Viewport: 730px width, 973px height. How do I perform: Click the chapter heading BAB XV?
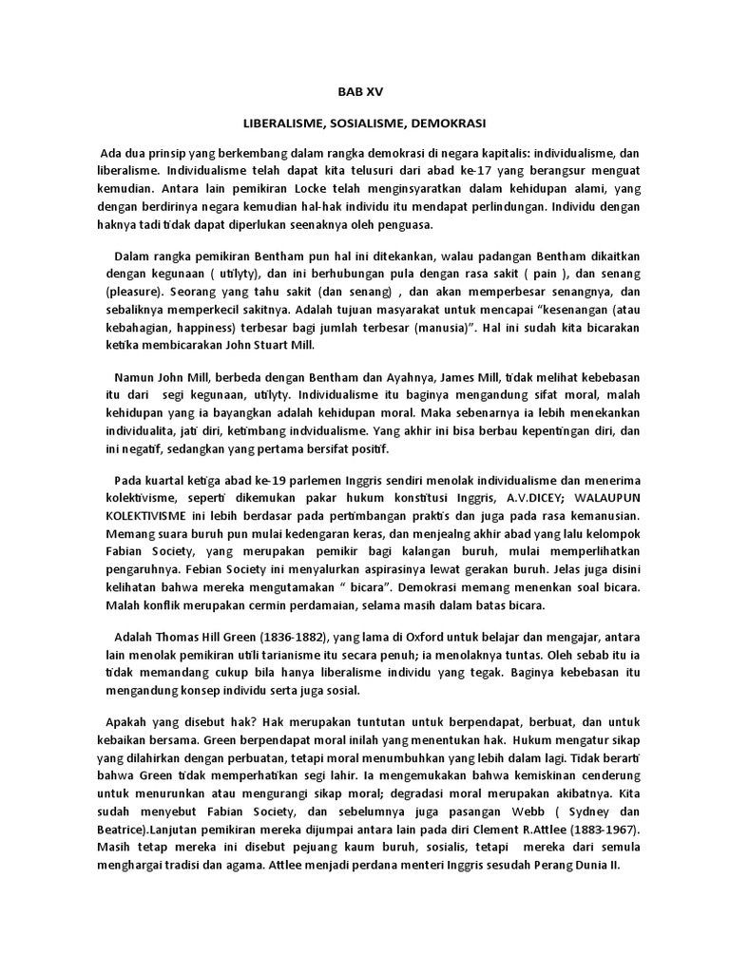point(364,93)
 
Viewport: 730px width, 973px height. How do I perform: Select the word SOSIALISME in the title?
point(364,124)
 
